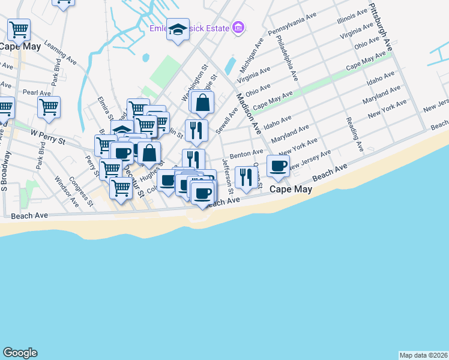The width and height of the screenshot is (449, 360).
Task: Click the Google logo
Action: pos(20,353)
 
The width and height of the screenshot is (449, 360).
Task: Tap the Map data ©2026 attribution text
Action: pos(423,355)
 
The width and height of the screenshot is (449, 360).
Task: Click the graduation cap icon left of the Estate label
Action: pos(178,30)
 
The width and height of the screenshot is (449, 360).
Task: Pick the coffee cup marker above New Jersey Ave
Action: pos(278,166)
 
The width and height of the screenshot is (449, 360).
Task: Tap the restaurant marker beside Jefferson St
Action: pos(246,176)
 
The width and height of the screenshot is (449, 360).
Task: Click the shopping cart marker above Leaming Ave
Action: pos(19,29)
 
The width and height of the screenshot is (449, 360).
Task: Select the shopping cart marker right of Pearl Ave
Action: pos(49,107)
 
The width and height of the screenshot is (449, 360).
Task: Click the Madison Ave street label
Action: pos(247,114)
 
